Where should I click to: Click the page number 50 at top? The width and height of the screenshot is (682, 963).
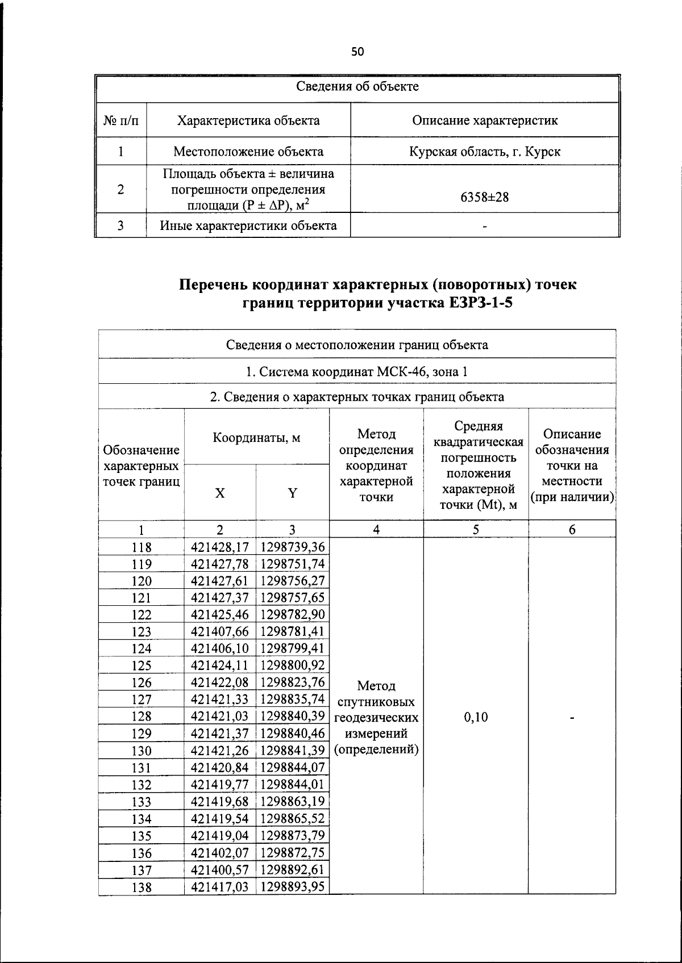(357, 52)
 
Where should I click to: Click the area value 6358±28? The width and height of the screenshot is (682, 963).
(485, 197)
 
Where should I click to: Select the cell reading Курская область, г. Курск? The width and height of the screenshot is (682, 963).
(485, 152)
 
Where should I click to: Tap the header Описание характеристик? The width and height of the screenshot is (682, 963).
(485, 120)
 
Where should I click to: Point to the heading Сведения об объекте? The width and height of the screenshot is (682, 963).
(357, 86)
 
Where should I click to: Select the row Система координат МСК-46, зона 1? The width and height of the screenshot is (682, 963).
(357, 372)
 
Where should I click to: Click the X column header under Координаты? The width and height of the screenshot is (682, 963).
(220, 493)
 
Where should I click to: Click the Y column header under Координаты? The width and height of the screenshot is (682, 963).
(292, 493)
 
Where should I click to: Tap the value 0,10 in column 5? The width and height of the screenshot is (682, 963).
(476, 717)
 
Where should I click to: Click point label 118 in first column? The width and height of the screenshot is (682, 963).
(142, 547)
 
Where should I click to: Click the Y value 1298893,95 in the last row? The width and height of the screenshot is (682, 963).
(292, 886)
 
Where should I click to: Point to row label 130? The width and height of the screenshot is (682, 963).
(142, 751)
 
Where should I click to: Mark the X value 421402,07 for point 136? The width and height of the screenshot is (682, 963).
(220, 852)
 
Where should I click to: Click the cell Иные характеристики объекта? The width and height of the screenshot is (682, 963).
(248, 225)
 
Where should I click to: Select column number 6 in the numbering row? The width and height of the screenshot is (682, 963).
(572, 529)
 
